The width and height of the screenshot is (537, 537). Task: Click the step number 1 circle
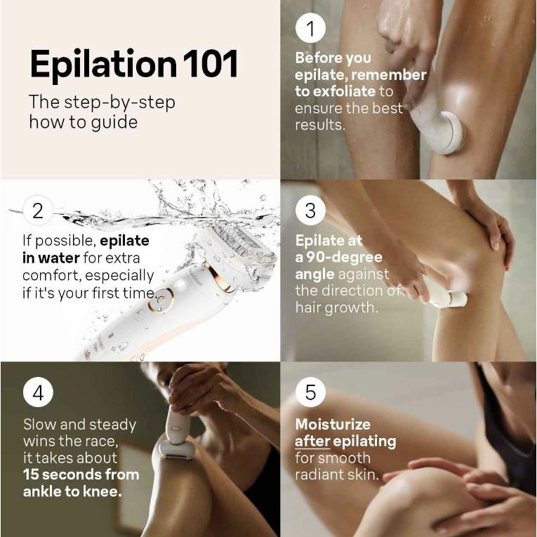tap(310, 28)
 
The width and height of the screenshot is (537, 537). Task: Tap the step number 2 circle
tap(38, 211)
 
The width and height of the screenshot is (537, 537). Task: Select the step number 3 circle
tap(310, 211)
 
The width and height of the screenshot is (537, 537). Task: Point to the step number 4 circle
tap(38, 392)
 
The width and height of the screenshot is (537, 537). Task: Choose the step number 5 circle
tap(310, 392)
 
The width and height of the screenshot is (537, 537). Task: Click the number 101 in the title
tap(211, 64)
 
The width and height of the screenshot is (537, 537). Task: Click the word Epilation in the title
tap(103, 65)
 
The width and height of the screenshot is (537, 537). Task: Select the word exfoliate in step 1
tap(344, 91)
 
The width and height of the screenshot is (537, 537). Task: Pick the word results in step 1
tap(320, 125)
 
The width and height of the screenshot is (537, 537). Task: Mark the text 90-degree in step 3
tap(344, 257)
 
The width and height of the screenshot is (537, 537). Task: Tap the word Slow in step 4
tap(39, 425)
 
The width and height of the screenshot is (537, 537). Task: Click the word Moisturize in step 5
tap(333, 425)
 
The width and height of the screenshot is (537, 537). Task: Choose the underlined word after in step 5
tap(312, 442)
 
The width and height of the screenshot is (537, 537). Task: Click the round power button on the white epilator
tap(161, 300)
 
